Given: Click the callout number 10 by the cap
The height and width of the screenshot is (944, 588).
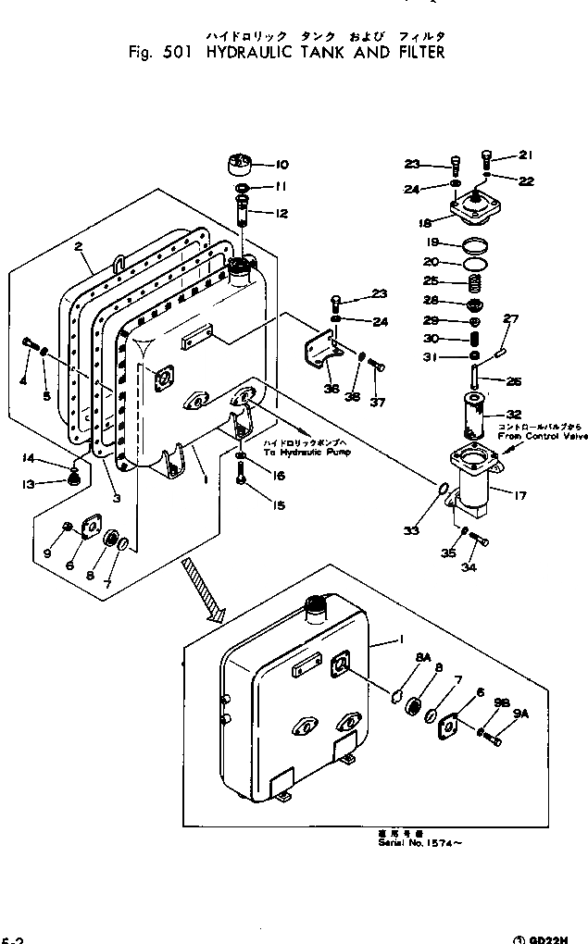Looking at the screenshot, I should coord(281,165).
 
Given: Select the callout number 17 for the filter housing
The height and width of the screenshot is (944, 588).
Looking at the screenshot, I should coord(519,495).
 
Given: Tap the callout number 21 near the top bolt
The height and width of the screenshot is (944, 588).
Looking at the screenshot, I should coord(526,155).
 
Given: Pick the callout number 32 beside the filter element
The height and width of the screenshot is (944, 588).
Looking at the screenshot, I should coord(514,415).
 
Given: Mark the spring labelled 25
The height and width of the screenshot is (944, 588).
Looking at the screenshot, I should coord(472,282).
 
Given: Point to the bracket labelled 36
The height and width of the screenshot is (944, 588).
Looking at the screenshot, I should coord(320,356).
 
